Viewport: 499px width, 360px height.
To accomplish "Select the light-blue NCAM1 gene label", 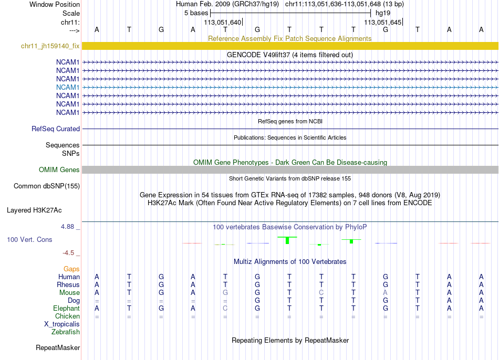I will (68, 87).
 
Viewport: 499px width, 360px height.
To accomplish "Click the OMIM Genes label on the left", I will (59, 170).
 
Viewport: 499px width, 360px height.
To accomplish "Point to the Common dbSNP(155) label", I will (47, 186).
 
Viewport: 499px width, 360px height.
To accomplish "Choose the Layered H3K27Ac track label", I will (34, 210).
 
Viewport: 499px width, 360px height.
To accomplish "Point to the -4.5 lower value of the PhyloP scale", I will (69, 252).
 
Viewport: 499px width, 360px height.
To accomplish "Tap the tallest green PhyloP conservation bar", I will (287, 240).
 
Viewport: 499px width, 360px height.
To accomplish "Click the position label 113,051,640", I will (223, 23).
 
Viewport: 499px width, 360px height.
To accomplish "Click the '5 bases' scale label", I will (196, 13).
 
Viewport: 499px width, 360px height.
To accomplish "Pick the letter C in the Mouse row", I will (321, 292).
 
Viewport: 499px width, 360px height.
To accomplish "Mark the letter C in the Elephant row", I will (225, 309).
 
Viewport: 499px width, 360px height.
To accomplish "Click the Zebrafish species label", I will (66, 332).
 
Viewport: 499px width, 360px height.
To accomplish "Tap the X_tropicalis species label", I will (62, 324).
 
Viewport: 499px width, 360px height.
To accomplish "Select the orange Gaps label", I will (71, 269).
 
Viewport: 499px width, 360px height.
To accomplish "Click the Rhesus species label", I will (68, 284).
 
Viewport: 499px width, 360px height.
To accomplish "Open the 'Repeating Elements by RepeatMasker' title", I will (290, 341).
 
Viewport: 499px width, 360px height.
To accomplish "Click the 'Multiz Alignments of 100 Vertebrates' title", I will (290, 261).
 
